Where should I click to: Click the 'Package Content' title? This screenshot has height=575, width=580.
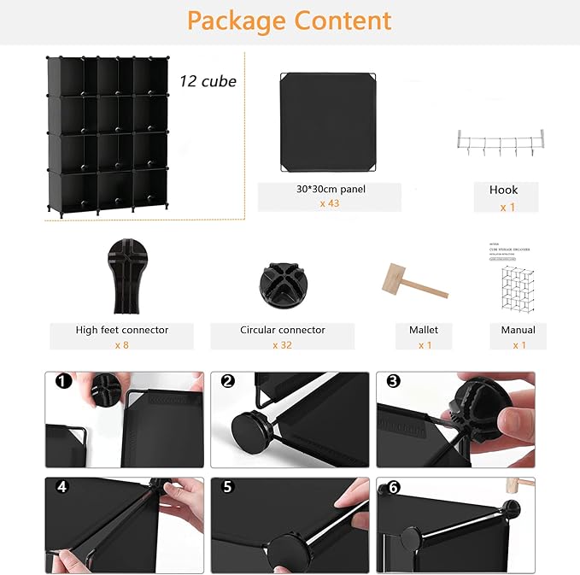(x=290, y=21)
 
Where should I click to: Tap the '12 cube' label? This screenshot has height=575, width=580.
(x=208, y=81)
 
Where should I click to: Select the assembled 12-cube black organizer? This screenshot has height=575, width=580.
(x=107, y=137)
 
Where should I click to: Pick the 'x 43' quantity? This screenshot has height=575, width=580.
(x=329, y=203)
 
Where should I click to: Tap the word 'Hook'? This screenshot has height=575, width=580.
(x=504, y=190)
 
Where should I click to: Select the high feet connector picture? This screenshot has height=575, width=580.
(x=121, y=275)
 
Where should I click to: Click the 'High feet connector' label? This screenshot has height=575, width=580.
(x=121, y=330)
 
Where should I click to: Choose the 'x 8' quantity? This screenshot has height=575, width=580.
(x=121, y=344)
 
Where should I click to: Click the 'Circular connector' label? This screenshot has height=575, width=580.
(x=282, y=330)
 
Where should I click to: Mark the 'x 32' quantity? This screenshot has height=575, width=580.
(x=282, y=344)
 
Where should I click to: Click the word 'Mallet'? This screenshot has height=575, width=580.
(x=425, y=330)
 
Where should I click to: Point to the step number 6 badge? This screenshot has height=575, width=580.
(x=394, y=489)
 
